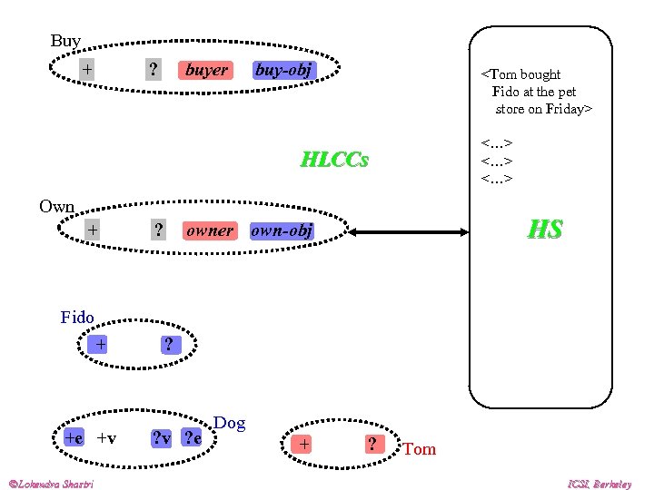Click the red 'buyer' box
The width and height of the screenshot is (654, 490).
pyautogui.click(x=206, y=70)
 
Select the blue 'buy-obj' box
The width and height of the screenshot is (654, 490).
pyautogui.click(x=283, y=70)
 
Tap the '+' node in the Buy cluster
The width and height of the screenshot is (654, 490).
pyautogui.click(x=86, y=69)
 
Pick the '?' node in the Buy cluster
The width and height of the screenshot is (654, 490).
pyautogui.click(x=154, y=70)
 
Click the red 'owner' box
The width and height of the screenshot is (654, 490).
pyautogui.click(x=209, y=230)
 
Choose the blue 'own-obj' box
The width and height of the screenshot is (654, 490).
pyautogui.click(x=282, y=230)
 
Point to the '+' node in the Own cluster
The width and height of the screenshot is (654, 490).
pyautogui.click(x=92, y=230)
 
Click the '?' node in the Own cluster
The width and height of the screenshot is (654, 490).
pyautogui.click(x=159, y=230)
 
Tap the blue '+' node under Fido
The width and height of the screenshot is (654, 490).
pyautogui.click(x=101, y=344)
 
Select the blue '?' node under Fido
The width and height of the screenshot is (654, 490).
pyautogui.click(x=168, y=344)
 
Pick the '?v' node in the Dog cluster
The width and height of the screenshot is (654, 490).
pyautogui.click(x=162, y=439)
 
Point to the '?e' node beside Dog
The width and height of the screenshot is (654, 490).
pyautogui.click(x=193, y=439)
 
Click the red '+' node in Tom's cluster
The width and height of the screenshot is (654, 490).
pyautogui.click(x=304, y=444)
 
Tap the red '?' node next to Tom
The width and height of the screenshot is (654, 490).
pyautogui.click(x=372, y=444)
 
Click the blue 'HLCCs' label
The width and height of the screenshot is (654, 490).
pyautogui.click(x=334, y=161)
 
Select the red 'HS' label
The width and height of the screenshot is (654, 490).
pyautogui.click(x=545, y=230)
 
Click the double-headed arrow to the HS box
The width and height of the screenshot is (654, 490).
pyautogui.click(x=410, y=233)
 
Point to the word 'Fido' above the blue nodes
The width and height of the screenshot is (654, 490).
pyautogui.click(x=77, y=317)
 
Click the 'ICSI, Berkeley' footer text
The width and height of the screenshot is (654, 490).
pyautogui.click(x=600, y=484)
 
